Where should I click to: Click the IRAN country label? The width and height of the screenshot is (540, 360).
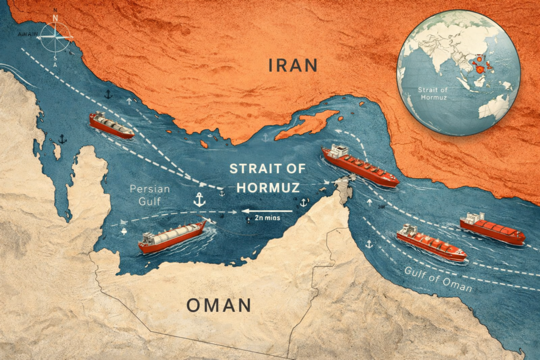coord(293,65)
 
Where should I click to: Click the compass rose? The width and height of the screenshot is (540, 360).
coord(56,37)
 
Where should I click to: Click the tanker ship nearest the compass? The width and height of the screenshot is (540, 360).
coord(111,125)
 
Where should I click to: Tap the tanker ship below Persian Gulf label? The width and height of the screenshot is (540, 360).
coord(172,237)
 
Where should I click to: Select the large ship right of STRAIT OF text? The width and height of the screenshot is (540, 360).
coord(360,166)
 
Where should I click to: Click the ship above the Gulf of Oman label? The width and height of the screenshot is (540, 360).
coord(431,243)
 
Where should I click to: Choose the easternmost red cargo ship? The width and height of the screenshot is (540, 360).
coord(491,229)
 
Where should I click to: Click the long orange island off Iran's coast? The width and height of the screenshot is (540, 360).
coord(307,124)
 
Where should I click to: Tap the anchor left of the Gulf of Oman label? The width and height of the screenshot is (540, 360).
coord(369,244)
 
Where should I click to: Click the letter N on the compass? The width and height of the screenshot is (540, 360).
coord(56,18)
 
